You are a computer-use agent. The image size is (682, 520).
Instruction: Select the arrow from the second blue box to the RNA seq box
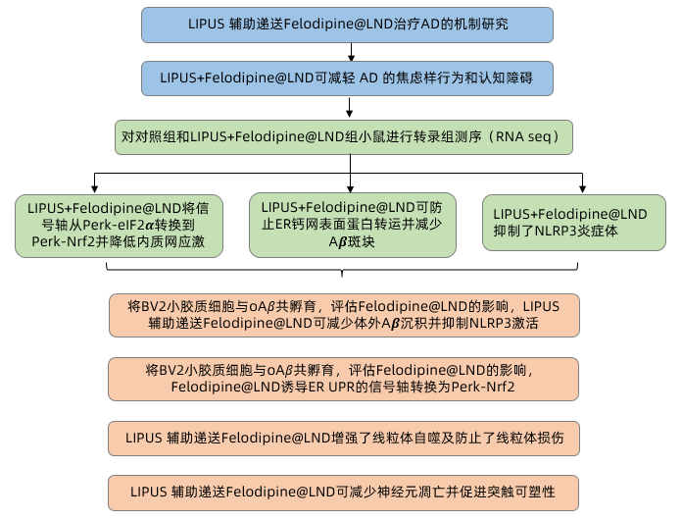351,106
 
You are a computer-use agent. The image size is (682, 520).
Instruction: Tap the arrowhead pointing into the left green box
94,188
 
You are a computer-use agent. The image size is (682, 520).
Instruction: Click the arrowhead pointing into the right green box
582,188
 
